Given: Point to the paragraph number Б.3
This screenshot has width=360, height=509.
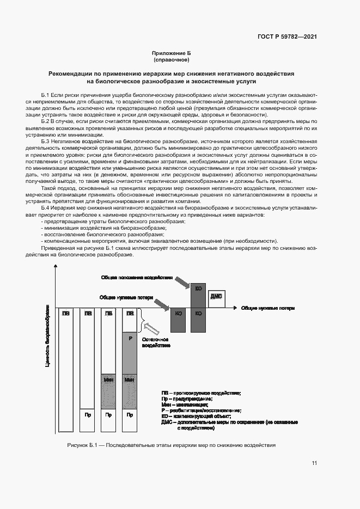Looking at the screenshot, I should point(46,141).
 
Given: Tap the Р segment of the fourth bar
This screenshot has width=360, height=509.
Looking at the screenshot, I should point(130,339).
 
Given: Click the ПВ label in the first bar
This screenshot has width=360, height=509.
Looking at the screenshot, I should point(65,313).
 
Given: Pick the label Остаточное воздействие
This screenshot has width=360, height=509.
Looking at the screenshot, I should point(157,342).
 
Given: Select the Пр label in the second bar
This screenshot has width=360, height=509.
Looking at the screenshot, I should point(87,415).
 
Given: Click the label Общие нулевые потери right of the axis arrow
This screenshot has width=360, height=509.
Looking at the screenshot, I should point(267,308).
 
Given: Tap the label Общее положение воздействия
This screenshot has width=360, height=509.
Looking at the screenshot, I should point(137,277).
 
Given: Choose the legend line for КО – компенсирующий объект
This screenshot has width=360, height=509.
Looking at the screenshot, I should point(196,416).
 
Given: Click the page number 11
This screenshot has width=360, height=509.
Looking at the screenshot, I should point(314,463).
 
